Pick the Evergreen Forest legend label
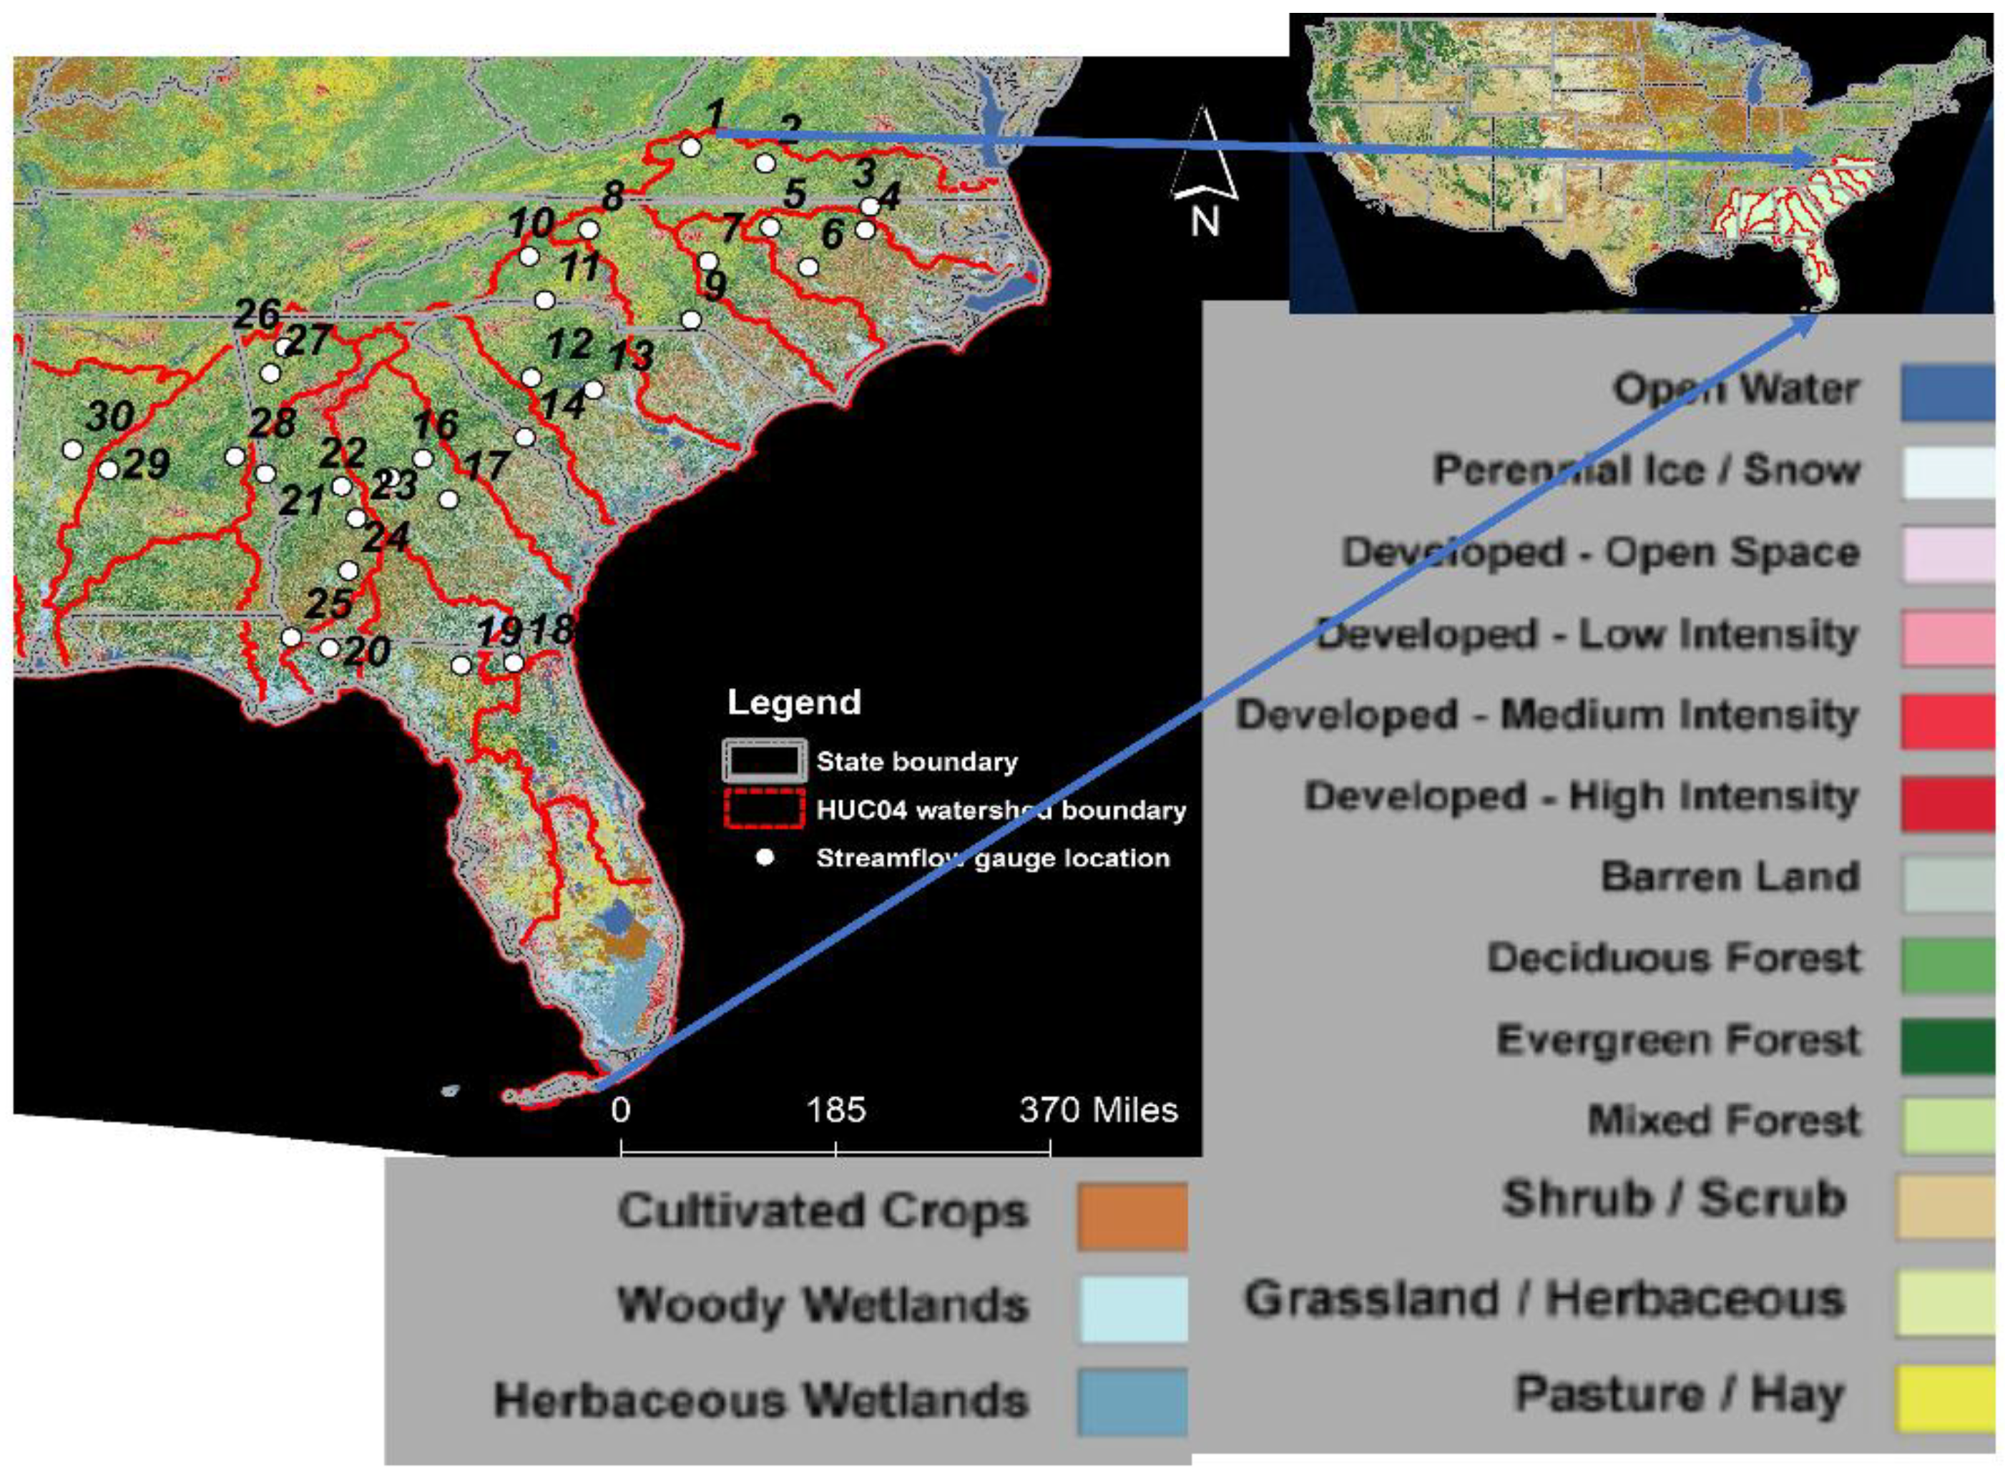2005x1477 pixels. point(1678,1041)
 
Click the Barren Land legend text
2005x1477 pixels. point(1730,877)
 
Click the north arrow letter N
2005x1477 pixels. point(1204,221)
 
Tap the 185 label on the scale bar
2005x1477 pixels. point(835,1110)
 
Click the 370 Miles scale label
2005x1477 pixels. point(1098,1110)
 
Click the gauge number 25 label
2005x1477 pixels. point(327,604)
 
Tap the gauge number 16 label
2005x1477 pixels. point(436,425)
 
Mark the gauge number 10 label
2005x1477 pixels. point(532,223)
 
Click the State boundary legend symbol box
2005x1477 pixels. point(764,761)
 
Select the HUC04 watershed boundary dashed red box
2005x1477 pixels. point(764,809)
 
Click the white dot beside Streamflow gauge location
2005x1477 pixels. point(764,858)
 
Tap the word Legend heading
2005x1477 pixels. point(794,702)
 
